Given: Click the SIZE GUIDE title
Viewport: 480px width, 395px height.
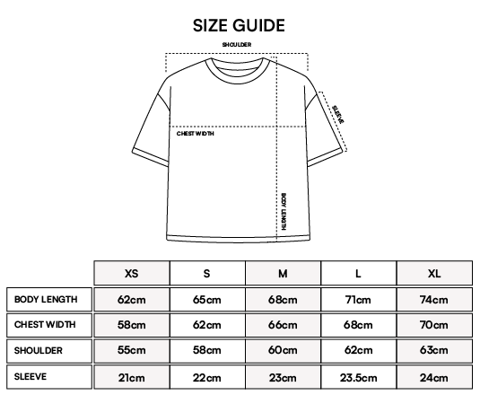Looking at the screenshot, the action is tap(239, 25).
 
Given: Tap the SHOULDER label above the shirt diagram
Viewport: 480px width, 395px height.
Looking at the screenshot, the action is tap(237, 45).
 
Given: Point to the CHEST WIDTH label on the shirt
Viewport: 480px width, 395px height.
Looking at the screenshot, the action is tap(196, 134).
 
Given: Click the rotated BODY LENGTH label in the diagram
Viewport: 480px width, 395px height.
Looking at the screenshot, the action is tap(284, 211).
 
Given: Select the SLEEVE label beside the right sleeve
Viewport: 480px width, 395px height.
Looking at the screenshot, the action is tap(338, 114).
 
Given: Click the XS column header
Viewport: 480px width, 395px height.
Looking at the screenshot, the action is tap(132, 273).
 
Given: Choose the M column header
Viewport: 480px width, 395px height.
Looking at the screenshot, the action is tap(283, 273).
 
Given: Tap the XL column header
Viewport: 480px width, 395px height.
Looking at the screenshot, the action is tap(434, 273).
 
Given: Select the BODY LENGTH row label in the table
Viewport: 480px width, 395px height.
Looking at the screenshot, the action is tap(46, 299).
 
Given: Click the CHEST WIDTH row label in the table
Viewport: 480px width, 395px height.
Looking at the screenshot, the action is tap(45, 325).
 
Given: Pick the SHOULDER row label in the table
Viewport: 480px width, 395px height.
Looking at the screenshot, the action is tap(39, 350).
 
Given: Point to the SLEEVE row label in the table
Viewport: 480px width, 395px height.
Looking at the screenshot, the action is tap(31, 376).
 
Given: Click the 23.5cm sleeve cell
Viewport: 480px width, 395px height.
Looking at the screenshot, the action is tap(359, 377).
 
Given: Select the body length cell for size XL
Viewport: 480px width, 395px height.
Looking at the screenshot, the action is tap(434, 300).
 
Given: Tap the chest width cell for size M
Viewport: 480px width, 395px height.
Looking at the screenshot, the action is tap(283, 325).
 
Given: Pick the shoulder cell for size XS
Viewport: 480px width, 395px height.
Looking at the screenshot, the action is tap(132, 351).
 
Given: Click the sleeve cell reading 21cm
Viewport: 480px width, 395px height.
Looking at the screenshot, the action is tap(132, 377).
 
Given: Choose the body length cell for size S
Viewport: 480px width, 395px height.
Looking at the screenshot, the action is tap(207, 300).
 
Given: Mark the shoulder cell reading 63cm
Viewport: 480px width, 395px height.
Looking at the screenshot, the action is tap(434, 351).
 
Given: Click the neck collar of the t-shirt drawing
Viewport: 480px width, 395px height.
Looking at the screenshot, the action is tap(237, 79).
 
